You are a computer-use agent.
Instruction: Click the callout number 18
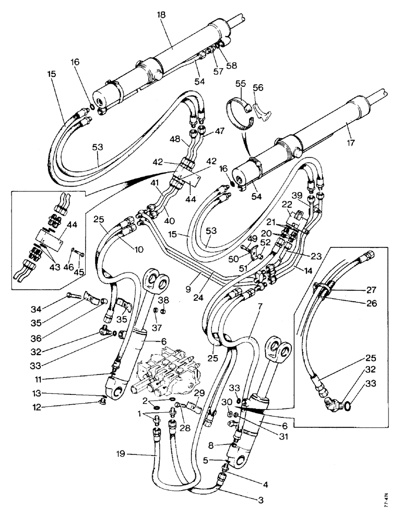click(x=160, y=16)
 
